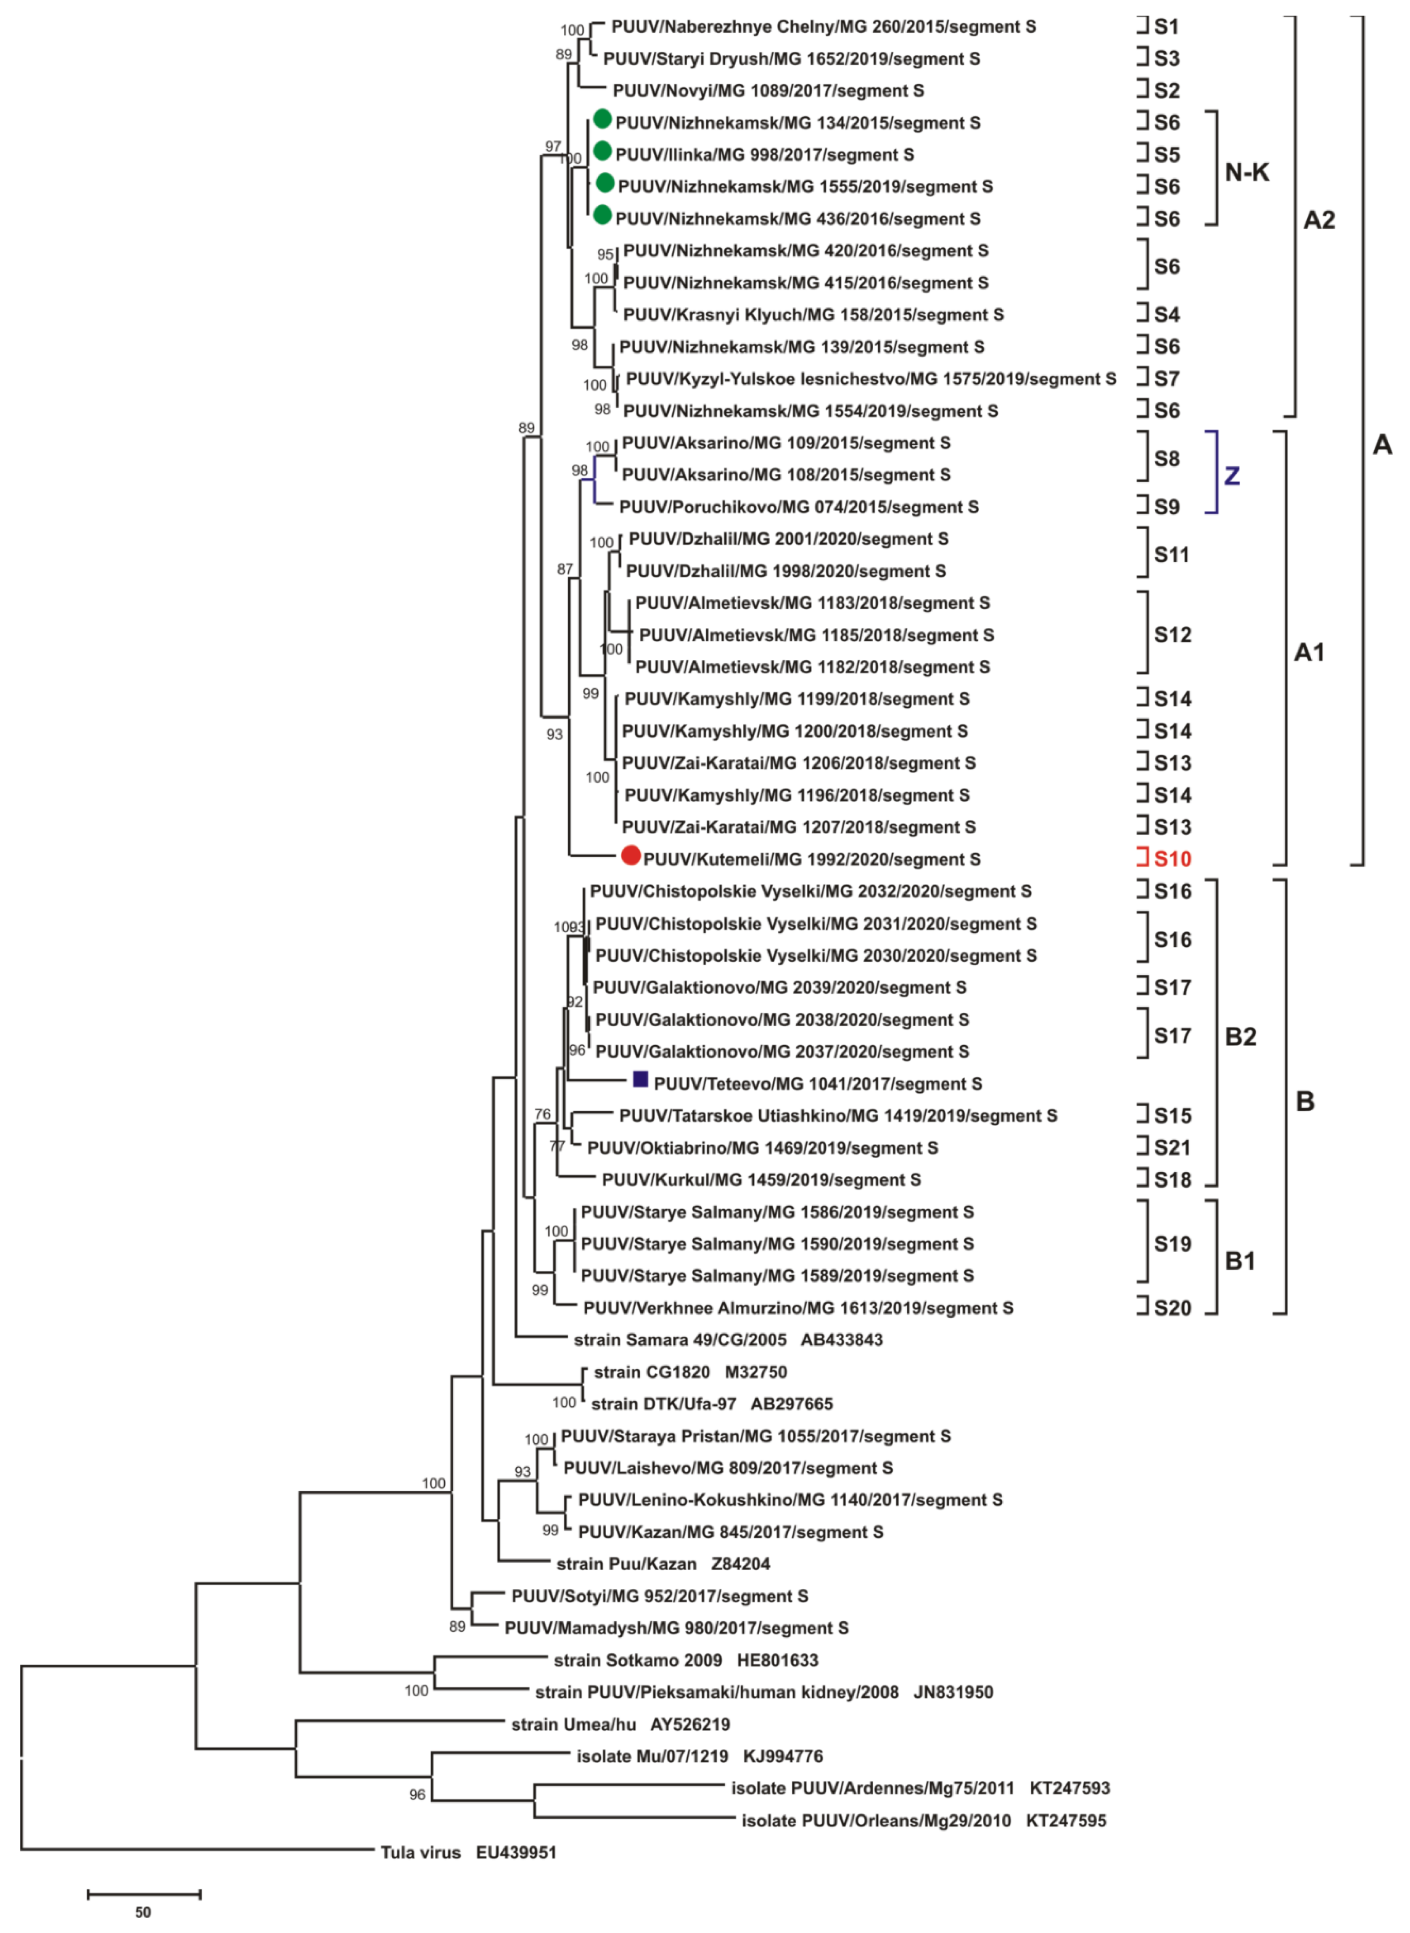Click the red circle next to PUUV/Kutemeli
(x=631, y=855)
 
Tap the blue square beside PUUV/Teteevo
(x=640, y=1080)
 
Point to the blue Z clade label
(x=1232, y=475)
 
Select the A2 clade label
(x=1319, y=220)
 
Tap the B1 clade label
(x=1240, y=1260)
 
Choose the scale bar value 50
(x=144, y=1912)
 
